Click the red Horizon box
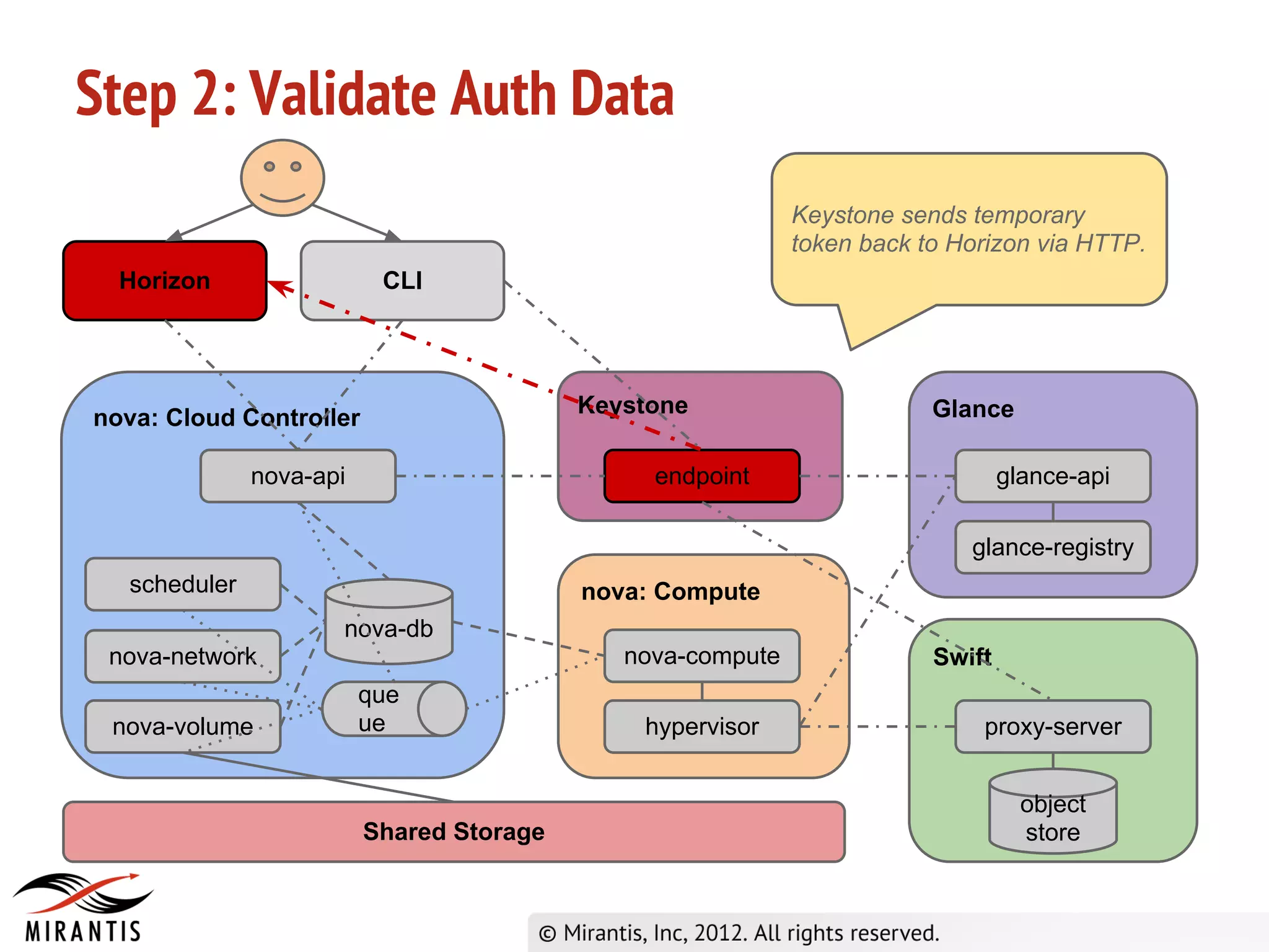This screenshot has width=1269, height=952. point(165,281)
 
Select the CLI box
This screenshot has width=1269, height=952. point(402,281)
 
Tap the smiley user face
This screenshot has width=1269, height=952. point(283,178)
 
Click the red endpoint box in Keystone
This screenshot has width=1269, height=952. point(701,476)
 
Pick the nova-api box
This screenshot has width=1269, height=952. point(298,476)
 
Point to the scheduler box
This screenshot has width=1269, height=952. point(183,584)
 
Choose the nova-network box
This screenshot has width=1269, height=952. point(183,656)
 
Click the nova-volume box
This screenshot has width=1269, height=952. point(183,726)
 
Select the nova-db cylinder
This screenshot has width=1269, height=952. point(389,623)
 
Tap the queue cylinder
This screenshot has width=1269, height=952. point(393,709)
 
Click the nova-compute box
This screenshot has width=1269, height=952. point(701,656)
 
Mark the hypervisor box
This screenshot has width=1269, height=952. point(701,726)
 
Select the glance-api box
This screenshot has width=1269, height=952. point(1053,476)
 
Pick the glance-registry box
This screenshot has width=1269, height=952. point(1053,547)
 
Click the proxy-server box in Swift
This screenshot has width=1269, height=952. point(1053,726)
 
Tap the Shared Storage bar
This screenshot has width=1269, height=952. point(454,832)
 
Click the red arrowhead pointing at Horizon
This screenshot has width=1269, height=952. point(279,288)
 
